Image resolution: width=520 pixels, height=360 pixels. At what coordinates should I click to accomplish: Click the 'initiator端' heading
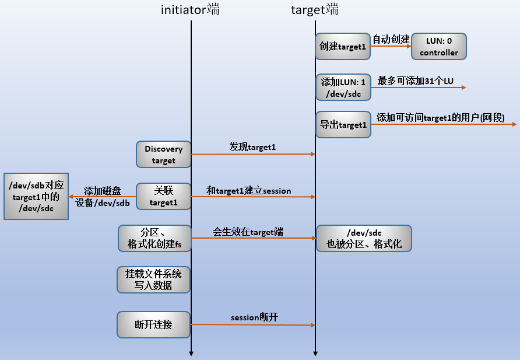[x=191, y=9]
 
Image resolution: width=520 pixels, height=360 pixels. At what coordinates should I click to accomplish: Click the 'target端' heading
[x=315, y=9]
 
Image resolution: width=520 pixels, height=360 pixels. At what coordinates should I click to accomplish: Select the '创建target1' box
[x=343, y=46]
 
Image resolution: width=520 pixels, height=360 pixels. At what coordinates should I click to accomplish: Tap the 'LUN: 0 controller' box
[x=439, y=46]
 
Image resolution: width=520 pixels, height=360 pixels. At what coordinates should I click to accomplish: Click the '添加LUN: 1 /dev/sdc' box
[x=343, y=88]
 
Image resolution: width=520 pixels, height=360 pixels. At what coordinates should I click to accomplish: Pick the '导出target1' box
[x=343, y=124]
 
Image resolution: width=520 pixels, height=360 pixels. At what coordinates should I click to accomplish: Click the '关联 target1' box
[x=163, y=196]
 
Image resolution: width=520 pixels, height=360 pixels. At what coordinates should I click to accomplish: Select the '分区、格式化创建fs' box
[x=154, y=238]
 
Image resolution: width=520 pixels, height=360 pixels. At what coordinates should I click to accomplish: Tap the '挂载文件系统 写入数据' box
[x=153, y=279]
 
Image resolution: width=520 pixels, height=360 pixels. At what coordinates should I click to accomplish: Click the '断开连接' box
[x=153, y=324]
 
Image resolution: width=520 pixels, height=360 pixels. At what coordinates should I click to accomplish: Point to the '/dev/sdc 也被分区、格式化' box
[x=364, y=238]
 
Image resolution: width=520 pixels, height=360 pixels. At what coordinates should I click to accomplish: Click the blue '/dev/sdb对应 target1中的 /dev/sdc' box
[x=36, y=196]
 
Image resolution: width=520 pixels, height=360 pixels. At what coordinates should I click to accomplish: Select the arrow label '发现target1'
[x=252, y=146]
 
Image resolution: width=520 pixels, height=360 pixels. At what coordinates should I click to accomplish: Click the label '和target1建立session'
[x=249, y=190]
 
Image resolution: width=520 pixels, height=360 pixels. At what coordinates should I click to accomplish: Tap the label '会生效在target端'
[x=248, y=232]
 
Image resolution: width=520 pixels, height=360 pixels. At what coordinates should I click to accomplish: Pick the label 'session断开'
[x=254, y=317]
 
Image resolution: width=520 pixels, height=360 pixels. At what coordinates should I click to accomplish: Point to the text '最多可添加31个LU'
[x=415, y=80]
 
